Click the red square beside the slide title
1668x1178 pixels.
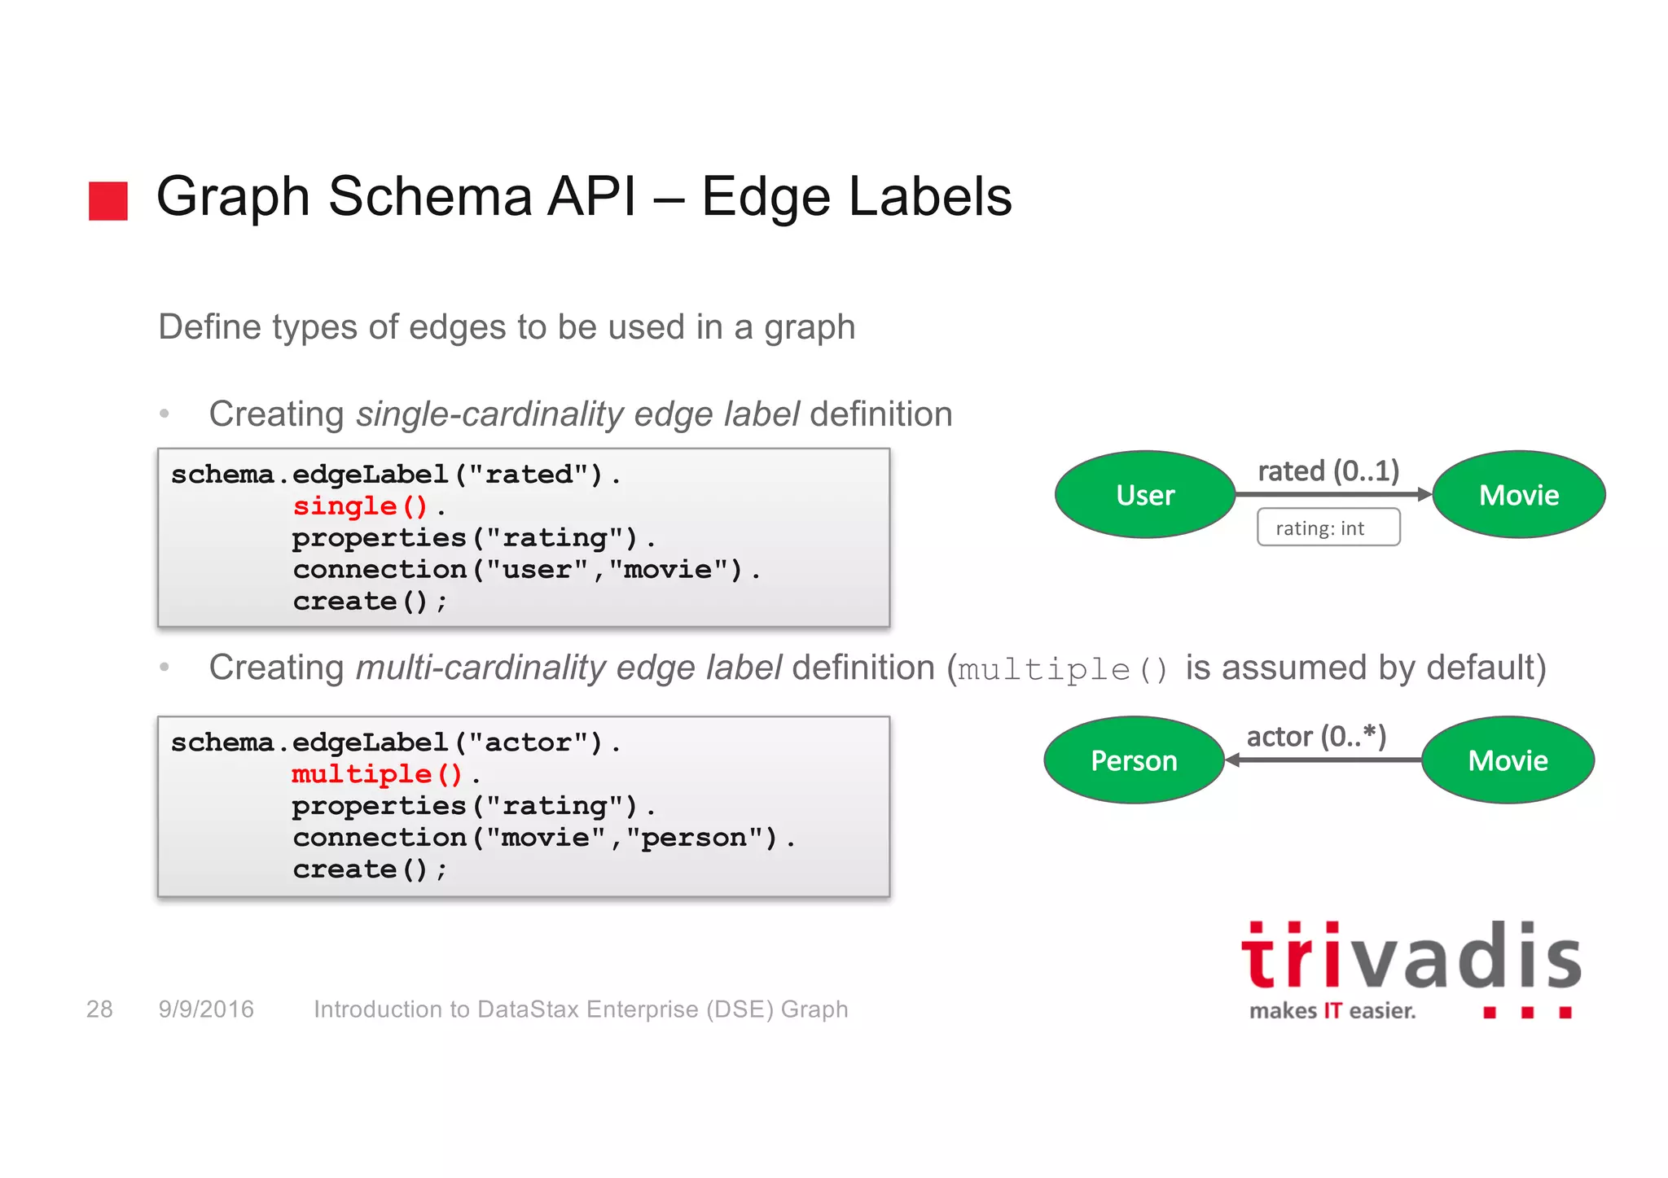(108, 200)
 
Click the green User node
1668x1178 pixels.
(1145, 495)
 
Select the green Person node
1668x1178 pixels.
(1134, 760)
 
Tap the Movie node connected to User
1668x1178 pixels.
(1519, 495)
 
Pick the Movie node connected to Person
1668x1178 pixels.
(1508, 760)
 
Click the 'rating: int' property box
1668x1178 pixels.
(1328, 528)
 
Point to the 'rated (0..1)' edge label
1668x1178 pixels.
(1328, 471)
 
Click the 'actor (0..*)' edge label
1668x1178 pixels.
(1316, 736)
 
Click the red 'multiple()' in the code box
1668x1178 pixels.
(377, 773)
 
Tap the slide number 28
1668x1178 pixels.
(99, 1009)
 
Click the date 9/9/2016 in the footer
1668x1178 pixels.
(206, 1009)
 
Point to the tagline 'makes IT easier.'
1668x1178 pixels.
(1332, 1011)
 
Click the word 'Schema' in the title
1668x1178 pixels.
(430, 197)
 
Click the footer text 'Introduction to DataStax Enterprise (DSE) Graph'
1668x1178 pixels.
(581, 1009)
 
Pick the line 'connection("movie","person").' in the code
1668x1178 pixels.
(543, 838)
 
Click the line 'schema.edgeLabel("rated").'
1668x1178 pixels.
(396, 475)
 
